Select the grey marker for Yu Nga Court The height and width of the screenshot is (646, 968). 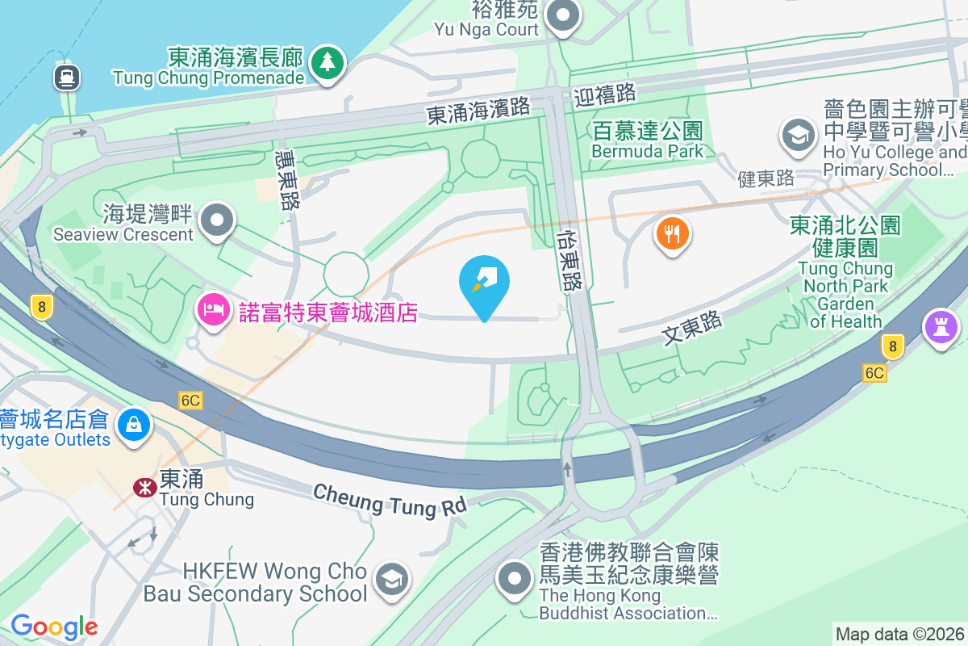pyautogui.click(x=563, y=16)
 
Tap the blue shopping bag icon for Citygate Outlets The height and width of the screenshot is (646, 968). pyautogui.click(x=133, y=424)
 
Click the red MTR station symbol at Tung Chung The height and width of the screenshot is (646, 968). pyautogui.click(x=145, y=487)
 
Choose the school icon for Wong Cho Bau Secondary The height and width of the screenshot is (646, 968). pyautogui.click(x=392, y=579)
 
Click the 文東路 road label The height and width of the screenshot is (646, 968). pyautogui.click(x=691, y=328)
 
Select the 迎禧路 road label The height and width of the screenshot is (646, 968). pyautogui.click(x=605, y=94)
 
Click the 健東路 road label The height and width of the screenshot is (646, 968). pyautogui.click(x=766, y=178)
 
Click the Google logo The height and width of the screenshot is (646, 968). pyautogui.click(x=54, y=626)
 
